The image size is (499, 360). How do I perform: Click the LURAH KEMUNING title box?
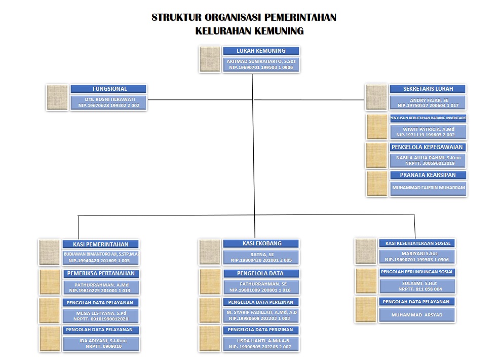[x=261, y=51]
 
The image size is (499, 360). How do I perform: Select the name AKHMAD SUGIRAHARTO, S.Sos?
[x=261, y=61]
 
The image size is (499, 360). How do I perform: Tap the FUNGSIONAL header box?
[x=109, y=89]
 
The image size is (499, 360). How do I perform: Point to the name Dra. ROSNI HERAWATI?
[x=109, y=99]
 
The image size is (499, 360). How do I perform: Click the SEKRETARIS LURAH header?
[x=428, y=89]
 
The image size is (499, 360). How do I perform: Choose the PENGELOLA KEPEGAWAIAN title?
[x=428, y=147]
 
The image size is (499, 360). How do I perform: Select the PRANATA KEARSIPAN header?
[x=428, y=175]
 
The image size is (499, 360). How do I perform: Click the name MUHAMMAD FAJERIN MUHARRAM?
[x=428, y=188]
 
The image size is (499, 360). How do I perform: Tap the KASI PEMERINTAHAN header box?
[x=100, y=244]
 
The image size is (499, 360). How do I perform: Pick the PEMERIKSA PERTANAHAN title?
[x=100, y=273]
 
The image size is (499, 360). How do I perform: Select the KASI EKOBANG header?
[x=261, y=243]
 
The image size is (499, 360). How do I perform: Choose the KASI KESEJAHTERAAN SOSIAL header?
[x=417, y=243]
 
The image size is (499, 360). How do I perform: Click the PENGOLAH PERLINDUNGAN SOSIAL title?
[x=417, y=272]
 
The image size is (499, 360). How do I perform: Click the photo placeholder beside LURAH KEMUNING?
[x=210, y=59]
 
